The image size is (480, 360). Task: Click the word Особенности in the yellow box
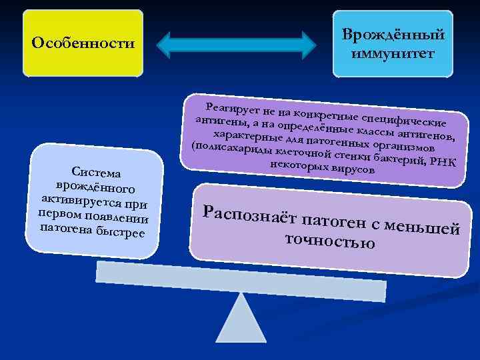click(83, 43)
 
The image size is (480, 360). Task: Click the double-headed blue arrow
click(237, 44)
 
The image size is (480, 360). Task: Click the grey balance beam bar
click(240, 279)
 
